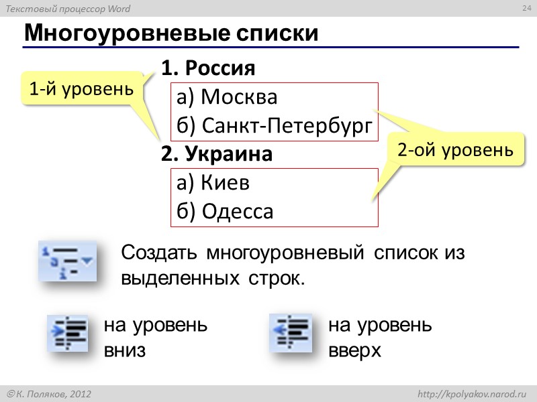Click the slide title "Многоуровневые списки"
point(170,33)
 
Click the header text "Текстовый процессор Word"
point(68,9)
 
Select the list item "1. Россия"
point(209,68)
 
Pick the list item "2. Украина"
point(217,155)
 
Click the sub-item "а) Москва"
point(226,98)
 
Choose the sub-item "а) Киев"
point(213,183)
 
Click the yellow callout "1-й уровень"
point(82,88)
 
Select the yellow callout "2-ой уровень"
point(455,151)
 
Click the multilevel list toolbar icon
point(68,261)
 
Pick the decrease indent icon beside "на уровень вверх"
point(290,333)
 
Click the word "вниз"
point(125,350)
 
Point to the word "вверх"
point(354,350)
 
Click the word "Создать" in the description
point(159,254)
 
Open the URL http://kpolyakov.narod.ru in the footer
point(473,395)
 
